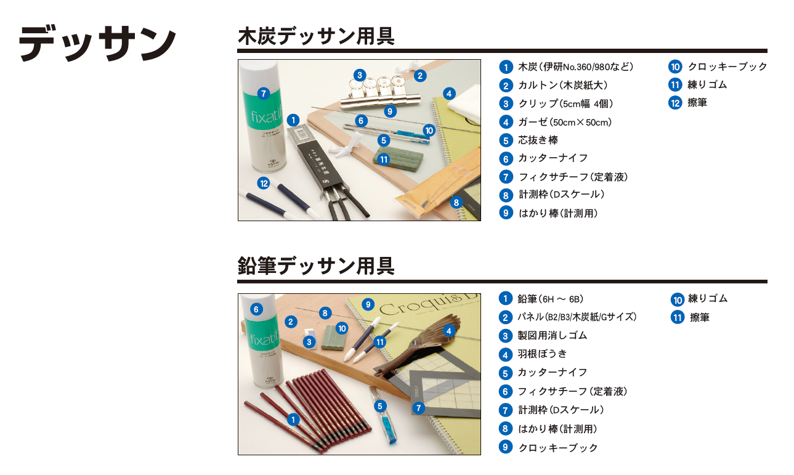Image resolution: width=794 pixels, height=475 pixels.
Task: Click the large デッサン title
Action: click(x=97, y=43)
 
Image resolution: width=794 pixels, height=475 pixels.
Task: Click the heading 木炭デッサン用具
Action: click(x=316, y=36)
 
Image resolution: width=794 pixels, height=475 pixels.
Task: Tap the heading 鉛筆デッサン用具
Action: click(x=316, y=266)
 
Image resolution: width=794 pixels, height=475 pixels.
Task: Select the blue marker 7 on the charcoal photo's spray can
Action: click(x=264, y=94)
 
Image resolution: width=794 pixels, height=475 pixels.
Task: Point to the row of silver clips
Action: click(x=379, y=92)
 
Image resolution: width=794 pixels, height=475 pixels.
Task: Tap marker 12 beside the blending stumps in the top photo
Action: click(x=264, y=184)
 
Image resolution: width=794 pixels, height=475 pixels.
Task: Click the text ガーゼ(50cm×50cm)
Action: click(x=565, y=123)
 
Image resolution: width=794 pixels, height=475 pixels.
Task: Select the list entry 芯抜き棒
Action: click(x=538, y=140)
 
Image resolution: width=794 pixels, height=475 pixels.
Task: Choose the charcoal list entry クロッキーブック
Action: click(x=727, y=67)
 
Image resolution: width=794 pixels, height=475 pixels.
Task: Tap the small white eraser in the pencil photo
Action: click(x=311, y=338)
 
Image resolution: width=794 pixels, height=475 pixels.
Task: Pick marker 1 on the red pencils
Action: click(x=293, y=420)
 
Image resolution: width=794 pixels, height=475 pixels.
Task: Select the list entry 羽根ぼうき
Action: click(x=542, y=354)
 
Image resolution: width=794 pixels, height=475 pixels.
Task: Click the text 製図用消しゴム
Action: click(x=553, y=335)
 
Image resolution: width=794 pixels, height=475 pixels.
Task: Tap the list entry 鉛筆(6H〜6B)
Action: click(x=551, y=299)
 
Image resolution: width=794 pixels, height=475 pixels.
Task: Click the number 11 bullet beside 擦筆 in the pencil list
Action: click(x=678, y=317)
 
